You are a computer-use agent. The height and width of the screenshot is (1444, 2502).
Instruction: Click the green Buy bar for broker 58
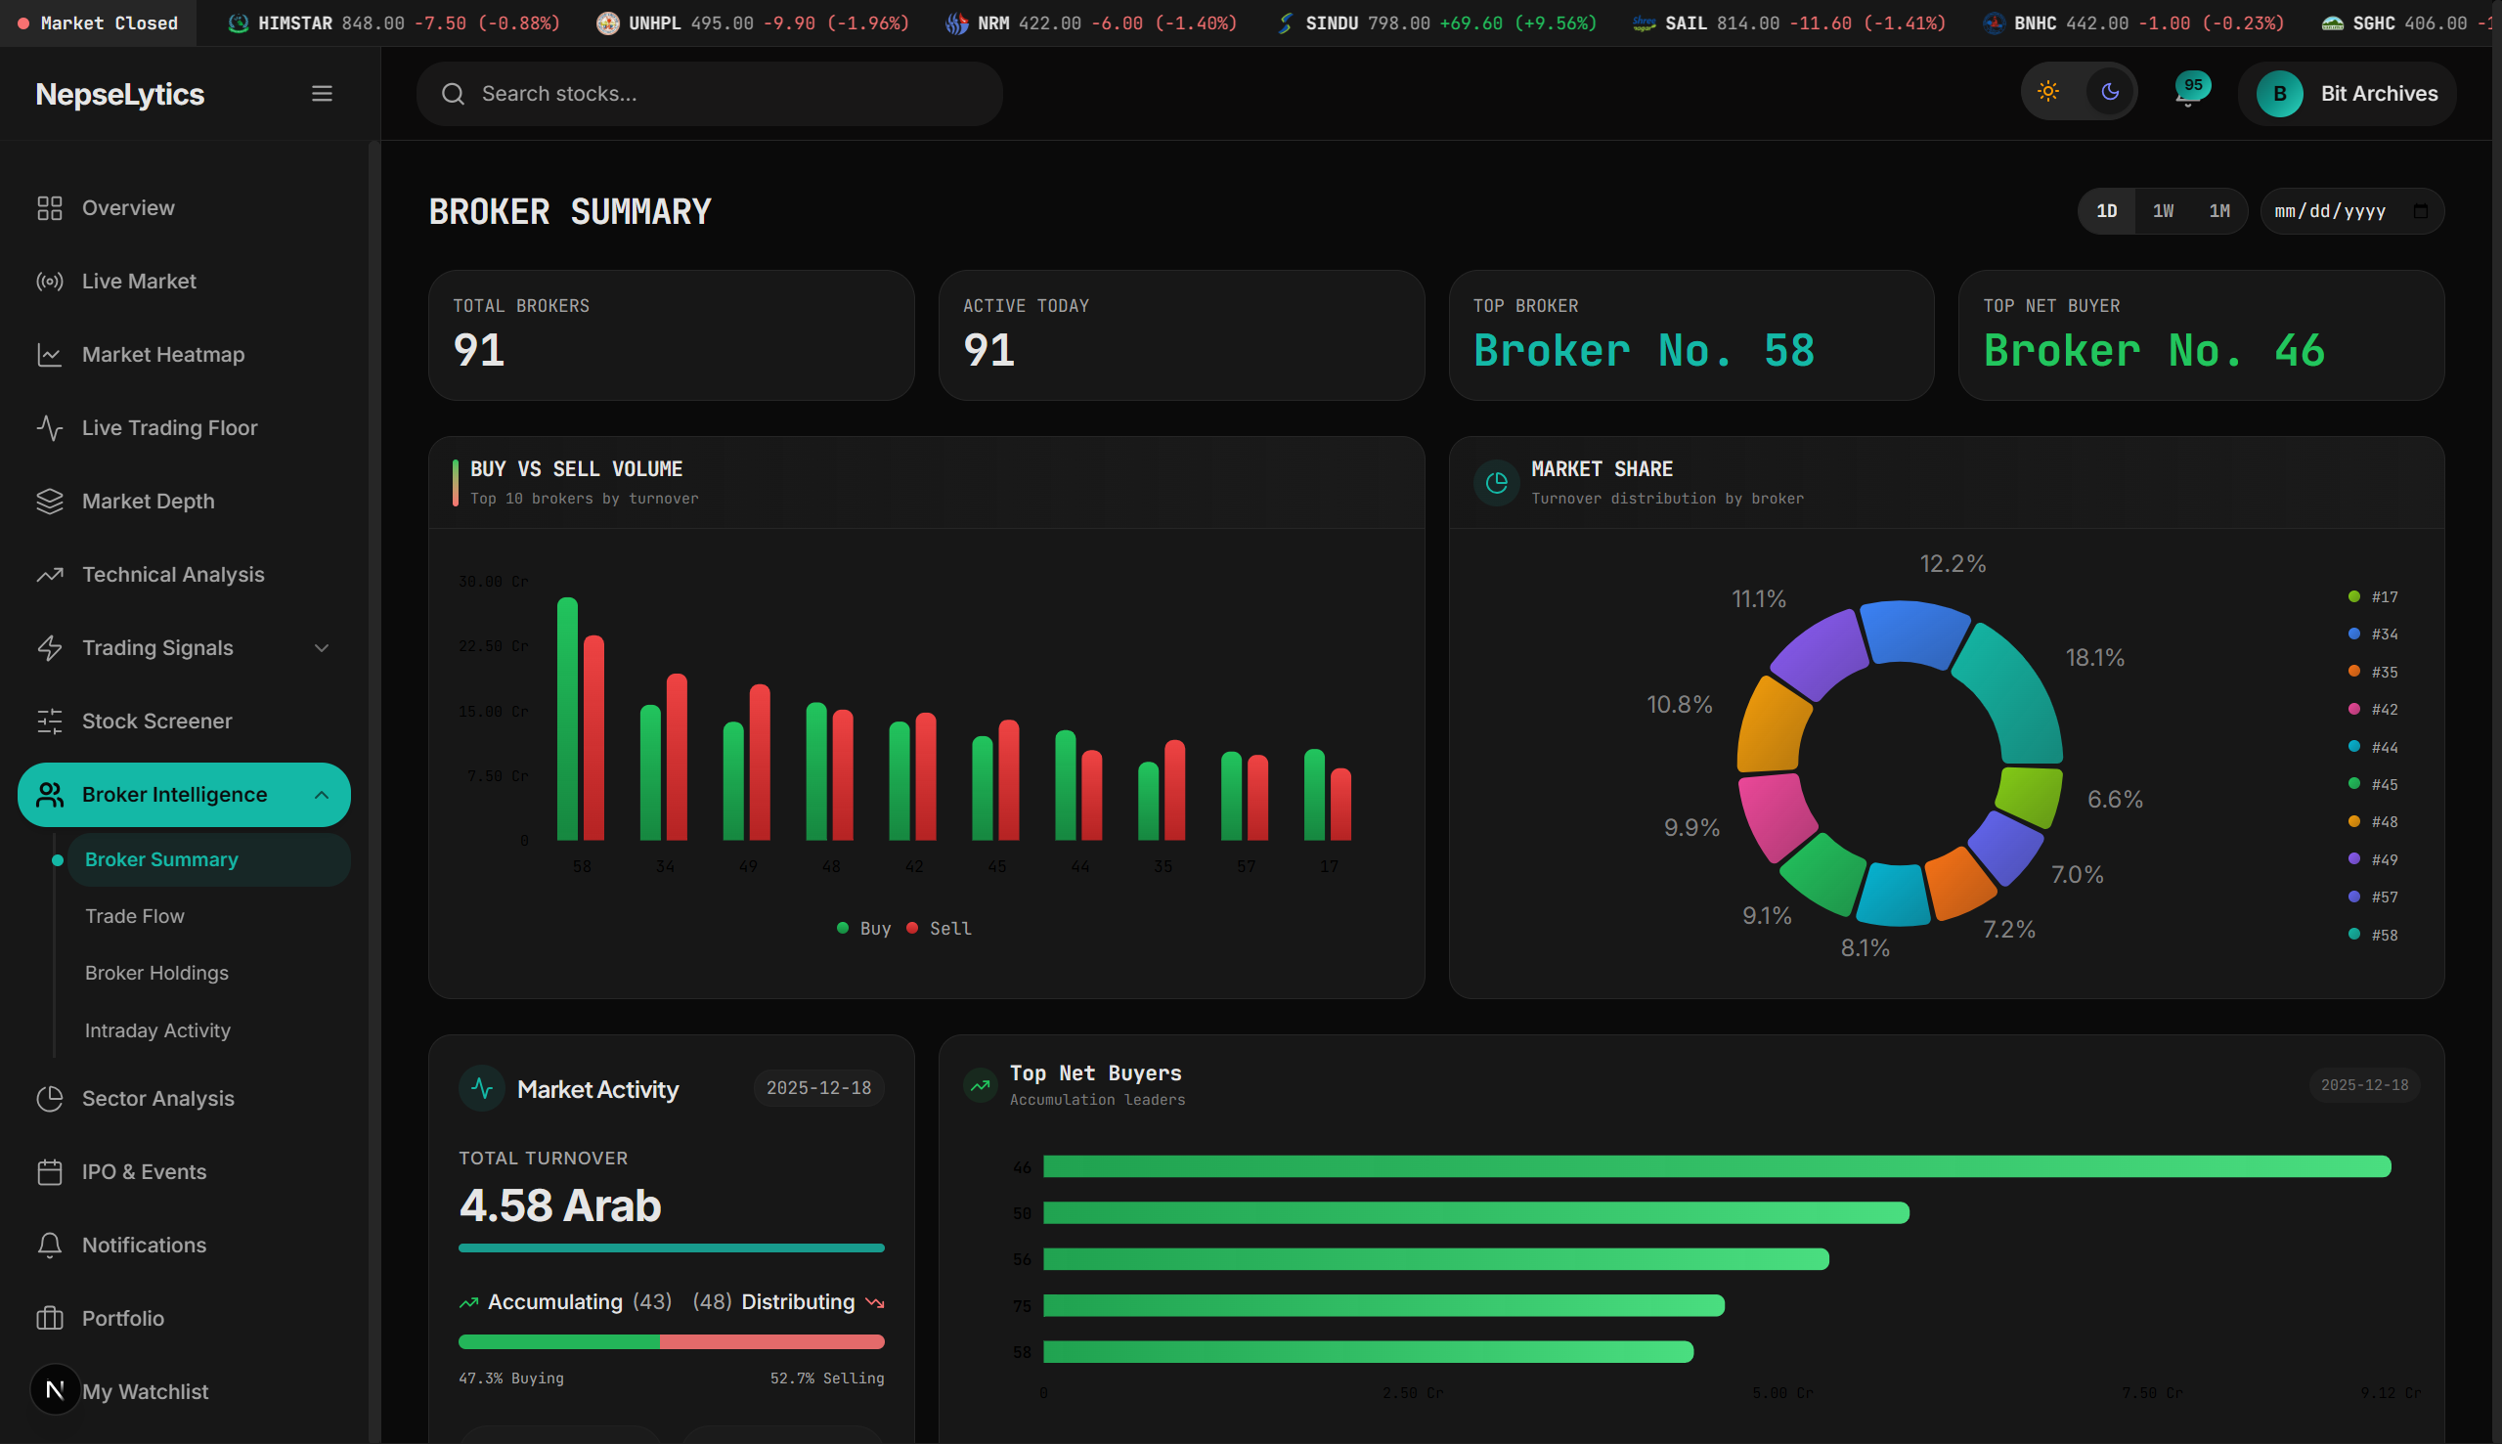[567, 720]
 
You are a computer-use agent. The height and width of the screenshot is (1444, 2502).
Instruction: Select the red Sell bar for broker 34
[677, 758]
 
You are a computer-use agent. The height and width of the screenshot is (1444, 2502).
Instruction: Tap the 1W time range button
[2163, 211]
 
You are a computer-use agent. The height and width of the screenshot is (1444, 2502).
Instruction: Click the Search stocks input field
[709, 94]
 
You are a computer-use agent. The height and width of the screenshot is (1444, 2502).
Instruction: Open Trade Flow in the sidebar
[135, 916]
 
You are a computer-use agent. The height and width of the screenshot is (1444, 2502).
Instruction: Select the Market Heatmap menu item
[162, 355]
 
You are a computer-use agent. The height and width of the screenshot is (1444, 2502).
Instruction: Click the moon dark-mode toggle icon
[2110, 92]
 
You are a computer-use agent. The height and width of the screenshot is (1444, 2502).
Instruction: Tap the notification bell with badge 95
[2187, 94]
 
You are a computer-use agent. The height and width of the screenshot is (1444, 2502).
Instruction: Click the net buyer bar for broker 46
[1716, 1166]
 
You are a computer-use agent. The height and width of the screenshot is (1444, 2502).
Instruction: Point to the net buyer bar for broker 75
[1383, 1305]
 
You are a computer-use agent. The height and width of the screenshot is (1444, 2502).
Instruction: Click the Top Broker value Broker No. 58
[1644, 351]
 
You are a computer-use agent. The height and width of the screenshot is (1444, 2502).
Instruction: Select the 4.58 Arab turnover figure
[560, 1206]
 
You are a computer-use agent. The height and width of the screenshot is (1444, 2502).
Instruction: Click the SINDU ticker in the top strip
[1331, 22]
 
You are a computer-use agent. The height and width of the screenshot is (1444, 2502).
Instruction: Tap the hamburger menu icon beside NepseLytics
[322, 94]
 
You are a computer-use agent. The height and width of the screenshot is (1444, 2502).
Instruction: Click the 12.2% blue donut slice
[1913, 632]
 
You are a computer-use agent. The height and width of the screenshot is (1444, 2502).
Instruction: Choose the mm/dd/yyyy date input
[2341, 211]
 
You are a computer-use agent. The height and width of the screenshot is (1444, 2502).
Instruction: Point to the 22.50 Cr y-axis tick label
[493, 646]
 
